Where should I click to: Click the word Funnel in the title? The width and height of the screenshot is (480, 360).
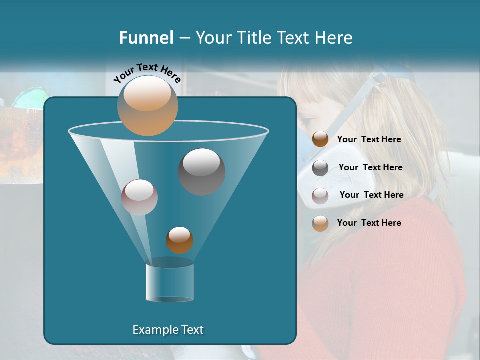pyautogui.click(x=146, y=38)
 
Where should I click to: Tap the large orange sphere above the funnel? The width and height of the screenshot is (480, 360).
pyautogui.click(x=148, y=106)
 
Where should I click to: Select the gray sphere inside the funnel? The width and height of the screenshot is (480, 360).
pyautogui.click(x=201, y=171)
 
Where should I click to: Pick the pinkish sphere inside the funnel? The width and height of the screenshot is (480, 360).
pyautogui.click(x=139, y=197)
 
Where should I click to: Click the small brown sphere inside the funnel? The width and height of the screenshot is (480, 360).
pyautogui.click(x=179, y=240)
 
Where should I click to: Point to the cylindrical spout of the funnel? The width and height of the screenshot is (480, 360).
pyautogui.click(x=170, y=283)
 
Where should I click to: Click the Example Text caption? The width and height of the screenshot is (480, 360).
pyautogui.click(x=168, y=330)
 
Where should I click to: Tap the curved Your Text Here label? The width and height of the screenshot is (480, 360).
pyautogui.click(x=147, y=73)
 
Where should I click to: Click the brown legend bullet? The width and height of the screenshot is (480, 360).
pyautogui.click(x=320, y=139)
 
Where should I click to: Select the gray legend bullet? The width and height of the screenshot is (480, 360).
pyautogui.click(x=320, y=168)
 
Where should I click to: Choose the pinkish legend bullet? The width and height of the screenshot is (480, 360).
pyautogui.click(x=320, y=196)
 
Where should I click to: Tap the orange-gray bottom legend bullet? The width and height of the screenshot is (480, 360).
pyautogui.click(x=320, y=223)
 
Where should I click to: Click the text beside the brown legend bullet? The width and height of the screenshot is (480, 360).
pyautogui.click(x=369, y=140)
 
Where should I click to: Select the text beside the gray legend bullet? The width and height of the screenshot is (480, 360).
pyautogui.click(x=370, y=167)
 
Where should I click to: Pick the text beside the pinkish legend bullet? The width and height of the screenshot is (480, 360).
pyautogui.click(x=371, y=195)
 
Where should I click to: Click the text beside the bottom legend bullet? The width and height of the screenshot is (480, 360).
pyautogui.click(x=369, y=223)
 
